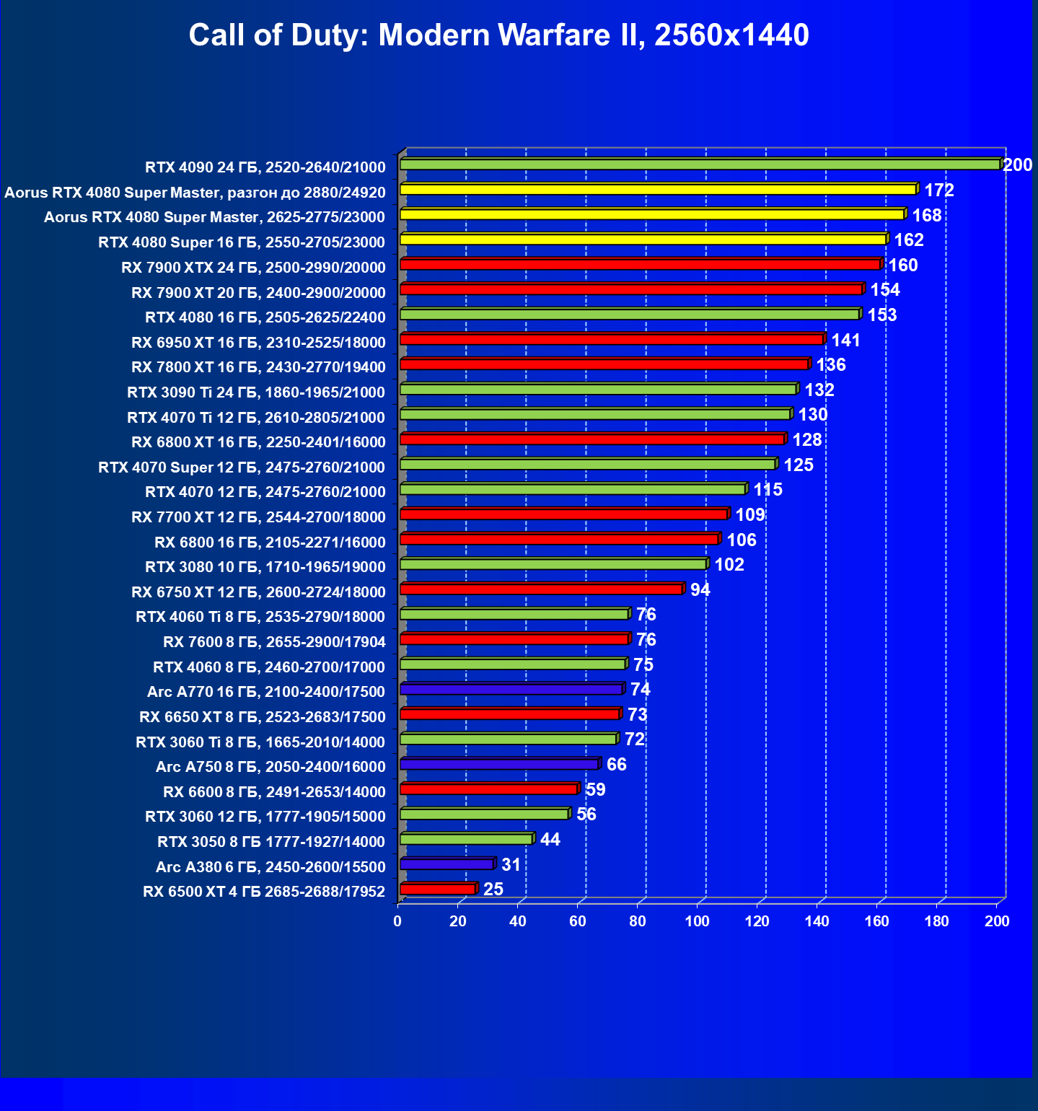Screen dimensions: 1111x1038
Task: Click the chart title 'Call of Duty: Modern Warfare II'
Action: tap(498, 35)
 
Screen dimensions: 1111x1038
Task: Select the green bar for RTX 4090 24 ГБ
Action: tap(700, 165)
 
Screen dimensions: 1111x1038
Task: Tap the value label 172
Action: tap(939, 190)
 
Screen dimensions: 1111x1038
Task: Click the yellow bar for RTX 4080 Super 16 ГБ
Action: tap(643, 240)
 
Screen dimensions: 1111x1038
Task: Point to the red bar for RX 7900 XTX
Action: tap(640, 265)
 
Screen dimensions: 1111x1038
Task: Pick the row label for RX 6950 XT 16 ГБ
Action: tap(258, 343)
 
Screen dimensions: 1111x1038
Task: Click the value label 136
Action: tap(831, 365)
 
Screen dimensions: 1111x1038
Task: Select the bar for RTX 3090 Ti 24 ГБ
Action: tap(598, 390)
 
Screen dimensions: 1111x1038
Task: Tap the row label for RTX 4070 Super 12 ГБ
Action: tap(242, 467)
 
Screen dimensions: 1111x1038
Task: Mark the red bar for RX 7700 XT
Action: tap(563, 514)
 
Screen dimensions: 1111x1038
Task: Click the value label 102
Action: tap(729, 565)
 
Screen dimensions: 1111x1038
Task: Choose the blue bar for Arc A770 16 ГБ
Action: tap(511, 690)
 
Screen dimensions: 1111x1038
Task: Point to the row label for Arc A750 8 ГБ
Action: tap(271, 767)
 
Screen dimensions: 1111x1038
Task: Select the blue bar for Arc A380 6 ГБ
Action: tap(447, 864)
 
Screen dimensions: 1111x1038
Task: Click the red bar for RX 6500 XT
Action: tap(437, 890)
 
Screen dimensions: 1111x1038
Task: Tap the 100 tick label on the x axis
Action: tap(698, 921)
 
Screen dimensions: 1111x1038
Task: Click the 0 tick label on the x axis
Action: tap(397, 921)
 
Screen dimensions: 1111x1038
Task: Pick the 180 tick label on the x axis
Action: tap(937, 921)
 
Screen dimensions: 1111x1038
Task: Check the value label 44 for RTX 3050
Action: tap(550, 840)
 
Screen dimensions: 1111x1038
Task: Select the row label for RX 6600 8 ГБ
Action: tap(274, 792)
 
